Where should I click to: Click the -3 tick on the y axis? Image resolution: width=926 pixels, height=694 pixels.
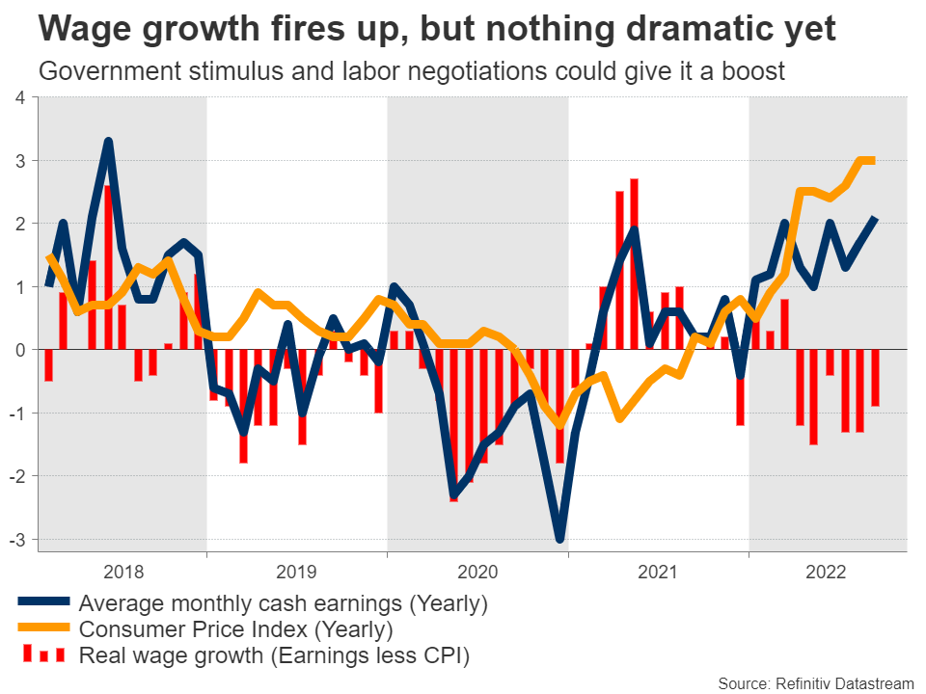(18, 539)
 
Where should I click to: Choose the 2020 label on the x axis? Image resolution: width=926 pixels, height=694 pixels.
(477, 572)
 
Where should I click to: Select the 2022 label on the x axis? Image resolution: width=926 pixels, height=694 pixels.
(829, 572)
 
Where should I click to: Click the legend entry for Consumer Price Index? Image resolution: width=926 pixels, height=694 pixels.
(236, 630)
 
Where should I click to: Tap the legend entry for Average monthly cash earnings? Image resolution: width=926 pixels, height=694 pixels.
(284, 604)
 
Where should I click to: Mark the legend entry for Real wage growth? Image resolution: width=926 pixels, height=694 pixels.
(275, 656)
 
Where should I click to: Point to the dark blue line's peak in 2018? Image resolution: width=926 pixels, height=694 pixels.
(108, 142)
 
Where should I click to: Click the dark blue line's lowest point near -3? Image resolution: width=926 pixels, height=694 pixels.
(559, 539)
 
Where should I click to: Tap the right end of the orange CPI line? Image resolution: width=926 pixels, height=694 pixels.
(873, 161)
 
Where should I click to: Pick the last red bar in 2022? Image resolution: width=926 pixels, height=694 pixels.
(875, 378)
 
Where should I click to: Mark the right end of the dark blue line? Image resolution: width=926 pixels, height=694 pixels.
(875, 219)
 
